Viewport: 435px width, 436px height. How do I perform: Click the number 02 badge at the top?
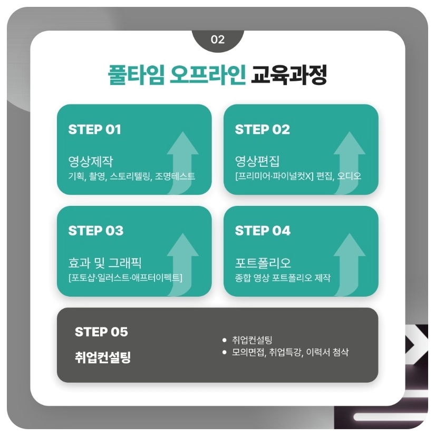(x=217, y=40)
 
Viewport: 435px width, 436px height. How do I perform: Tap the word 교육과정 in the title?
(x=289, y=75)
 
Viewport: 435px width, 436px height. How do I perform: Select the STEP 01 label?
(x=95, y=129)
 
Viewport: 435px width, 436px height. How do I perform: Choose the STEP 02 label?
(x=262, y=129)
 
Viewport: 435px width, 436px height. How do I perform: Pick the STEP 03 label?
(x=96, y=231)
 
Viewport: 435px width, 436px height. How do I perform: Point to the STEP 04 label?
(x=263, y=231)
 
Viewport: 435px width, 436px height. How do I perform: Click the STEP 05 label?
(x=101, y=332)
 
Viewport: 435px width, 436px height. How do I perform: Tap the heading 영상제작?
(x=90, y=160)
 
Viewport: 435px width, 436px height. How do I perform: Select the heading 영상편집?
(x=257, y=160)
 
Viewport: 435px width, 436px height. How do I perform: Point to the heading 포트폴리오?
(x=263, y=262)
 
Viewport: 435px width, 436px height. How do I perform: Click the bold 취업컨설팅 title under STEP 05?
(x=103, y=357)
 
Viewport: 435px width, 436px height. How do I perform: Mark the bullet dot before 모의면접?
(x=225, y=352)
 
